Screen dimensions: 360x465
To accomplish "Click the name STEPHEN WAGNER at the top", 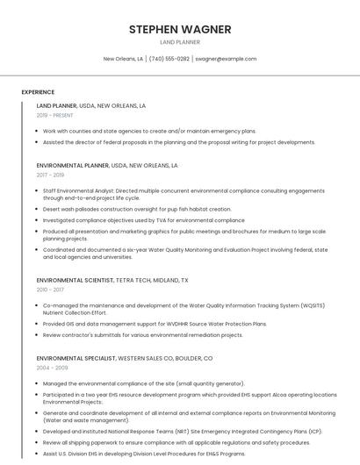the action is [180, 30].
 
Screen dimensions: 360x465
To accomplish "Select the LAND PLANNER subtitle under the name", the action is [180, 42].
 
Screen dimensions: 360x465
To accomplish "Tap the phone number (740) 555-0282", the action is [169, 59].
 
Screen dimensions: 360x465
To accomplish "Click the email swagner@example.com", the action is [226, 59].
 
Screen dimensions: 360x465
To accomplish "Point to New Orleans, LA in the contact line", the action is [123, 59].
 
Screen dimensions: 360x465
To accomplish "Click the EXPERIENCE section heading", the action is [38, 92].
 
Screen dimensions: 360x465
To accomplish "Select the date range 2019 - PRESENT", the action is [54, 115].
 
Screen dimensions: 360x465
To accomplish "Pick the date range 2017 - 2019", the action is [50, 175].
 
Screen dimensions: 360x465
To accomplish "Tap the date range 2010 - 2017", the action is [50, 289].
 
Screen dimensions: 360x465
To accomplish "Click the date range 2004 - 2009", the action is [51, 368].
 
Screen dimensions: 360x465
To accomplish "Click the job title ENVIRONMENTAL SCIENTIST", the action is [75, 280].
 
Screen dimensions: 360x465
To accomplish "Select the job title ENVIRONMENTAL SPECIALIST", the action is [76, 358].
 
